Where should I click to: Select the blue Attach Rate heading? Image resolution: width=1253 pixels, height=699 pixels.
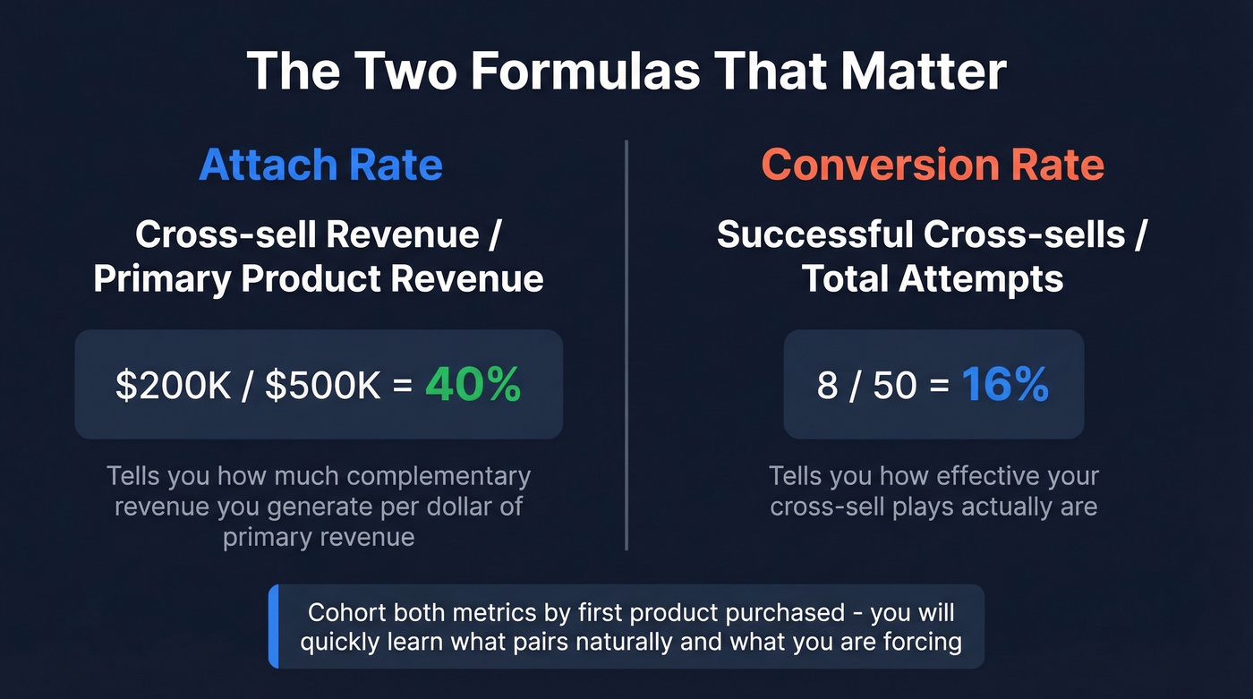point(320,165)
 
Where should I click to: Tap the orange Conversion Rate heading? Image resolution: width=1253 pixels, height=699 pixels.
point(933,165)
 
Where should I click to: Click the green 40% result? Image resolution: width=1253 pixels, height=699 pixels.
point(473,384)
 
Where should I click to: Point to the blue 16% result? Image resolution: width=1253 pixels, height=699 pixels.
point(1005,384)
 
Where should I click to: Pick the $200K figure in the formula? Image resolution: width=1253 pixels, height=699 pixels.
point(173,385)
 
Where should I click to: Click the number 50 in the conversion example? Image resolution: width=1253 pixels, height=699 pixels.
point(894,385)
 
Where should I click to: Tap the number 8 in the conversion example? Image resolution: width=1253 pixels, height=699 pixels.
point(827,385)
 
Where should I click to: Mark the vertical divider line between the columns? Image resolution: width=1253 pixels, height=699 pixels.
point(626,345)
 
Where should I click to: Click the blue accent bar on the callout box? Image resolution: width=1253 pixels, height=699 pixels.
point(274,626)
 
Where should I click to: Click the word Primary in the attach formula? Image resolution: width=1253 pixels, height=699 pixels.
point(161,279)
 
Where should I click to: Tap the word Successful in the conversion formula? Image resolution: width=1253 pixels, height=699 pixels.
point(815,234)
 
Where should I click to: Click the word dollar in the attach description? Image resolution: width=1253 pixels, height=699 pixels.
point(456,506)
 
